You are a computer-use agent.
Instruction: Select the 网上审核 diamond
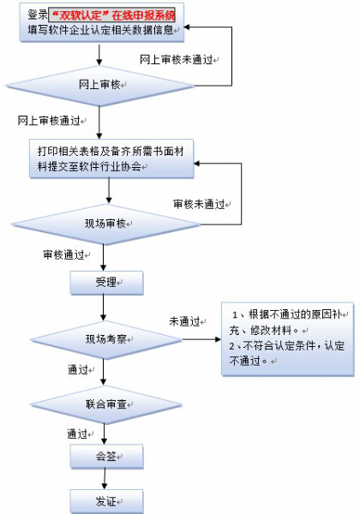click(x=101, y=86)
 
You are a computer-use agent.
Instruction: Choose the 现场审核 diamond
click(x=105, y=224)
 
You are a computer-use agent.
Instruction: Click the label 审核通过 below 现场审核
click(x=63, y=255)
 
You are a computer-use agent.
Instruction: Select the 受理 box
click(x=105, y=282)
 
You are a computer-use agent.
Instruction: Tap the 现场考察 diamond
click(x=105, y=339)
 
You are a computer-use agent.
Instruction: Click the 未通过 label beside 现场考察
click(x=185, y=321)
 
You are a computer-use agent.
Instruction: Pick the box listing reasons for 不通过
click(x=286, y=339)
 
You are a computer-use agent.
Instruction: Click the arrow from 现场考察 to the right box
click(x=193, y=339)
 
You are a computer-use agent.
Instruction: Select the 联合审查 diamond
click(x=105, y=402)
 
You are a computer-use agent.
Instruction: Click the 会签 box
click(x=105, y=457)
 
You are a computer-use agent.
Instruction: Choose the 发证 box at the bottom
click(x=105, y=499)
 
